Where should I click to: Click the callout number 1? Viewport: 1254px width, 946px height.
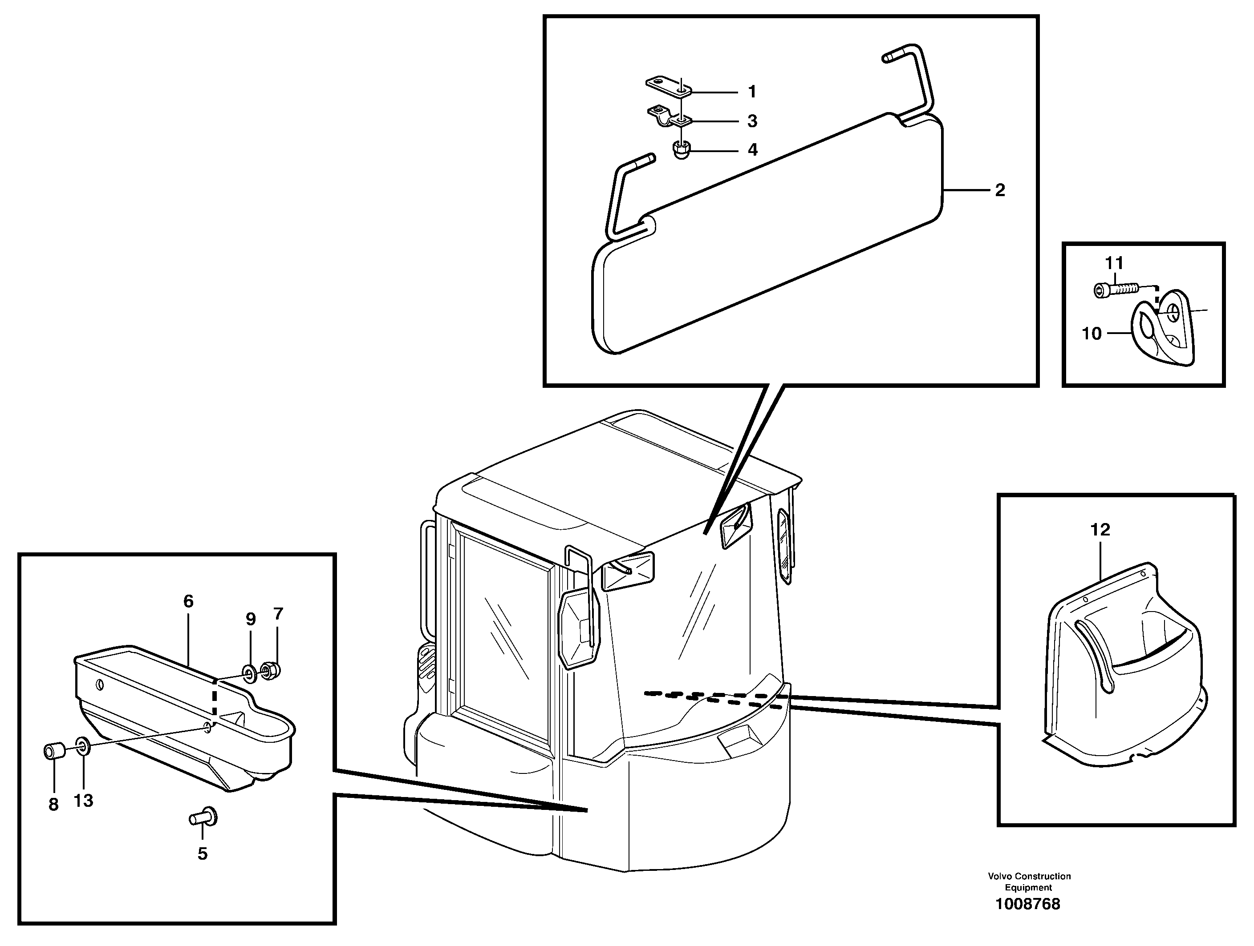(752, 91)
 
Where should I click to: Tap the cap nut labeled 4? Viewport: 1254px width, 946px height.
(680, 150)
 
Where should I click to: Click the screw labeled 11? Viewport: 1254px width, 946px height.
(1114, 290)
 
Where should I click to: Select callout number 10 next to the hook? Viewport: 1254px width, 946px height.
(1092, 334)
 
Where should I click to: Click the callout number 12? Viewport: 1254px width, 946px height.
(1100, 530)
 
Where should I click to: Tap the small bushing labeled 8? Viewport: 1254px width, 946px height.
(54, 752)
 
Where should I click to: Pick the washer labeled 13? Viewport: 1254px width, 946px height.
(81, 746)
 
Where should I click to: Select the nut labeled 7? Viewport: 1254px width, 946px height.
(270, 671)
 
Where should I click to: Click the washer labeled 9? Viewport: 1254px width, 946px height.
(248, 672)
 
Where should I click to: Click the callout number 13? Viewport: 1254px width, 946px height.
(83, 801)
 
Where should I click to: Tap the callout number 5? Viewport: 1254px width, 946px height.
(203, 853)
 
